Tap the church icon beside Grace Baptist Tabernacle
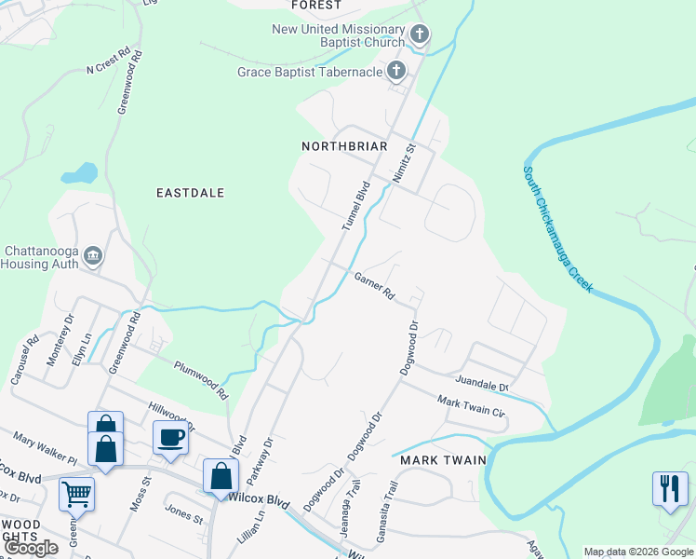tap(395, 71)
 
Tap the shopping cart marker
tap(76, 493)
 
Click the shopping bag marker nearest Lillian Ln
tap(221, 475)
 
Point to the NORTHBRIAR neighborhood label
tap(344, 146)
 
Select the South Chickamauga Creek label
tap(556, 228)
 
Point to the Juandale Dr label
tap(482, 383)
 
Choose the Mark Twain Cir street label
tap(471, 407)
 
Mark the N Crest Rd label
tap(103, 64)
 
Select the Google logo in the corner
tap(32, 548)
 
